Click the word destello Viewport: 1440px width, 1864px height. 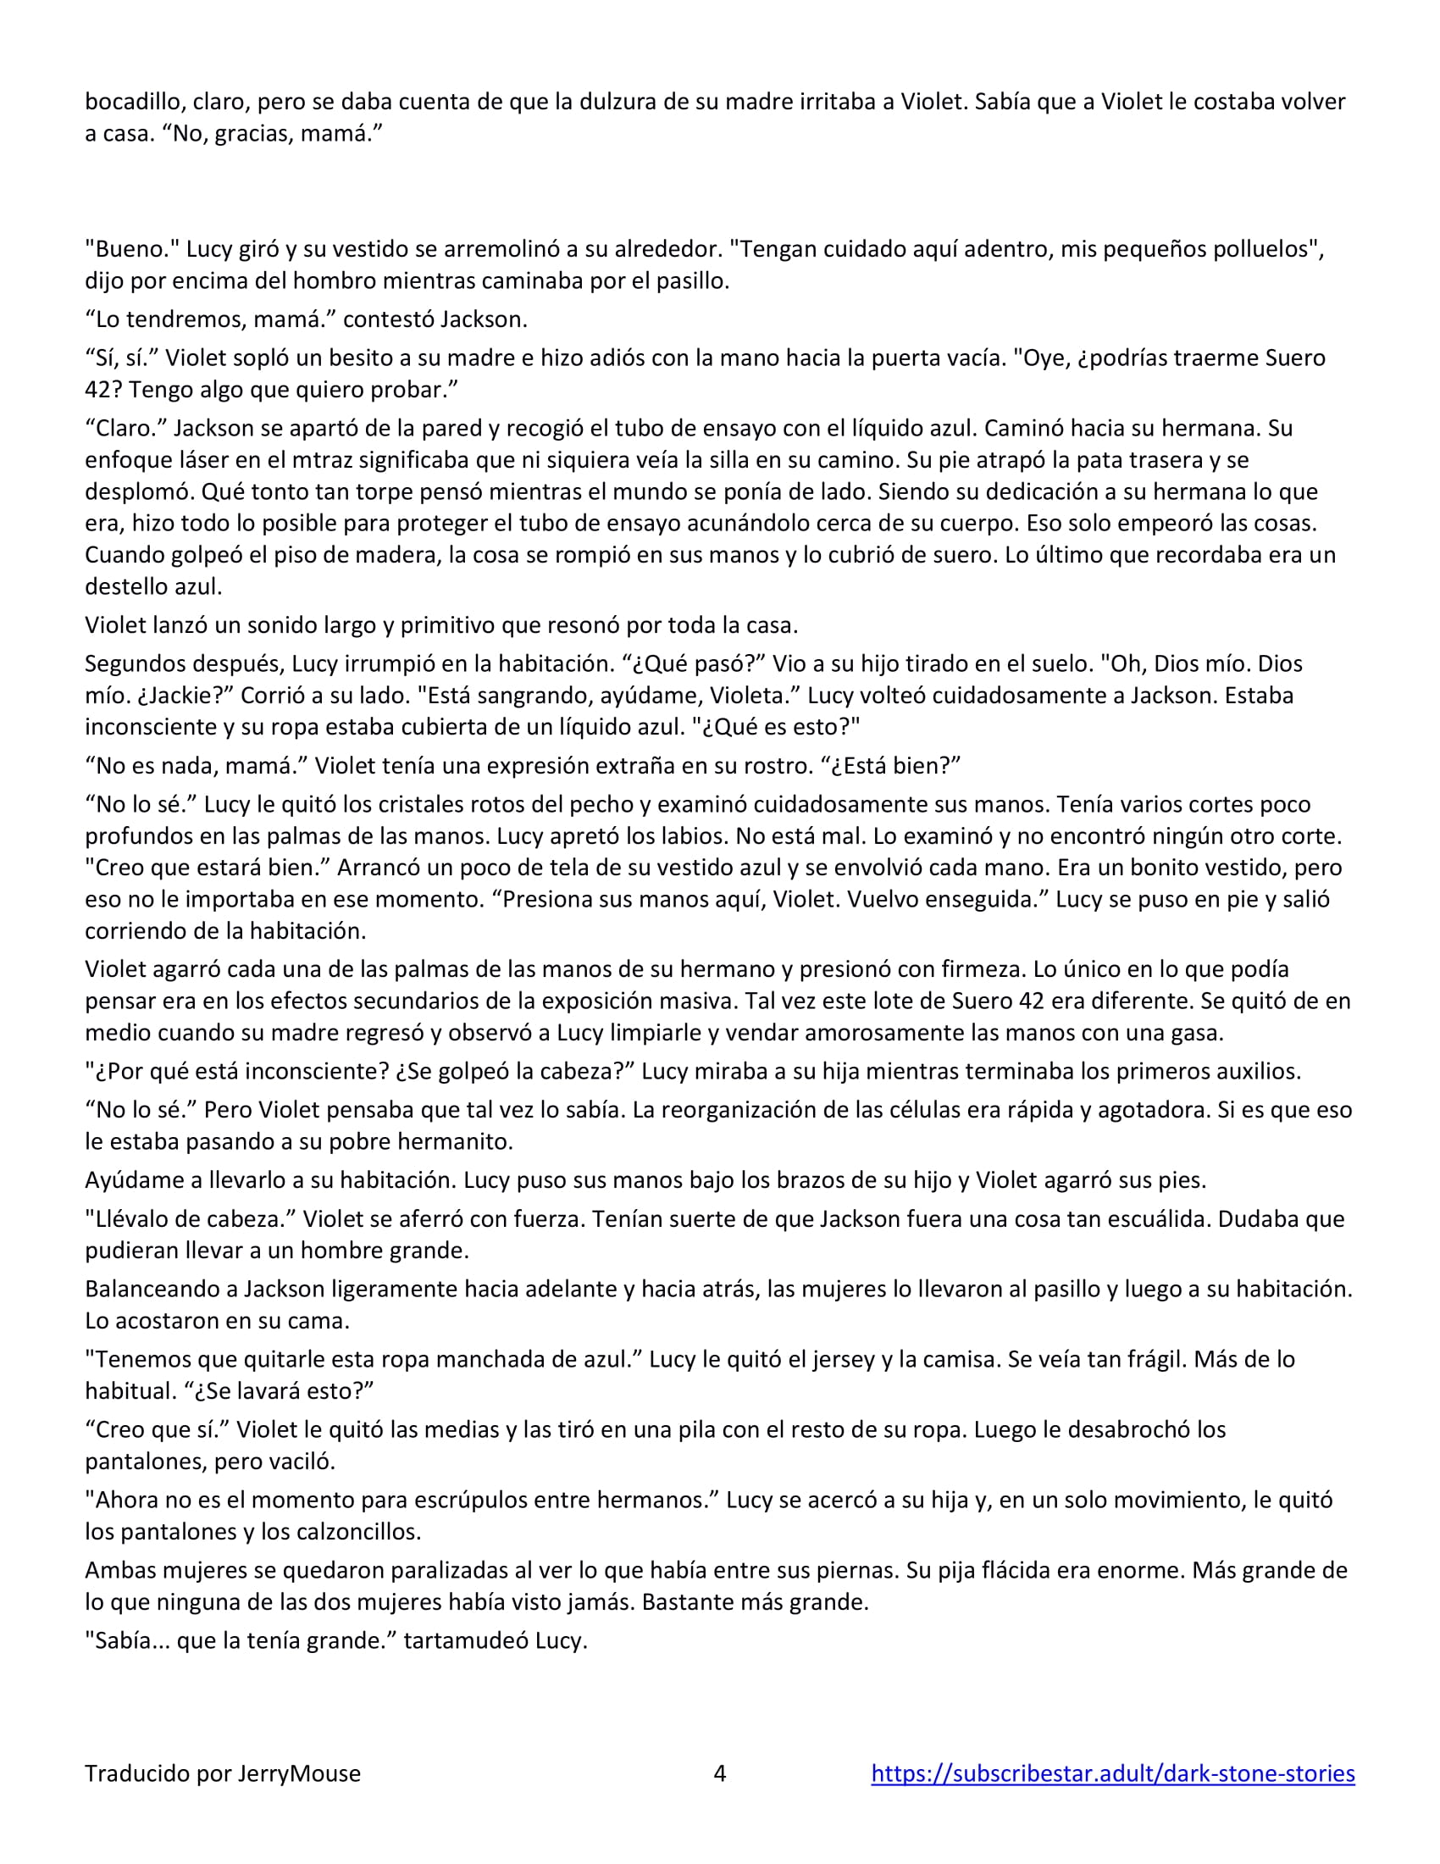(x=126, y=586)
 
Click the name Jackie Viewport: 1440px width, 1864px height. (x=188, y=695)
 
